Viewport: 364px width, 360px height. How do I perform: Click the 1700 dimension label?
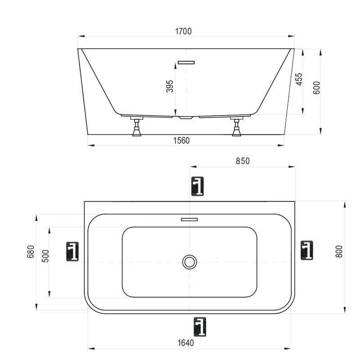(184, 31)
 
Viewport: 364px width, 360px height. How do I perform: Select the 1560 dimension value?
(181, 140)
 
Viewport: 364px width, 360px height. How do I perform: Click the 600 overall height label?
(316, 87)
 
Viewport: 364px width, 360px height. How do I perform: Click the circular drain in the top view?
(190, 261)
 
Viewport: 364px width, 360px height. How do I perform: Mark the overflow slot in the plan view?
(189, 220)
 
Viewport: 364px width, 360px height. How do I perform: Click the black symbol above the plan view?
(198, 186)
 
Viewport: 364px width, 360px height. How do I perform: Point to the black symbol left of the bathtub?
(72, 252)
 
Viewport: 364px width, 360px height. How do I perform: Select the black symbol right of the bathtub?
(306, 251)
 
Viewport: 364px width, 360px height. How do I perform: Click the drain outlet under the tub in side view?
(185, 118)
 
